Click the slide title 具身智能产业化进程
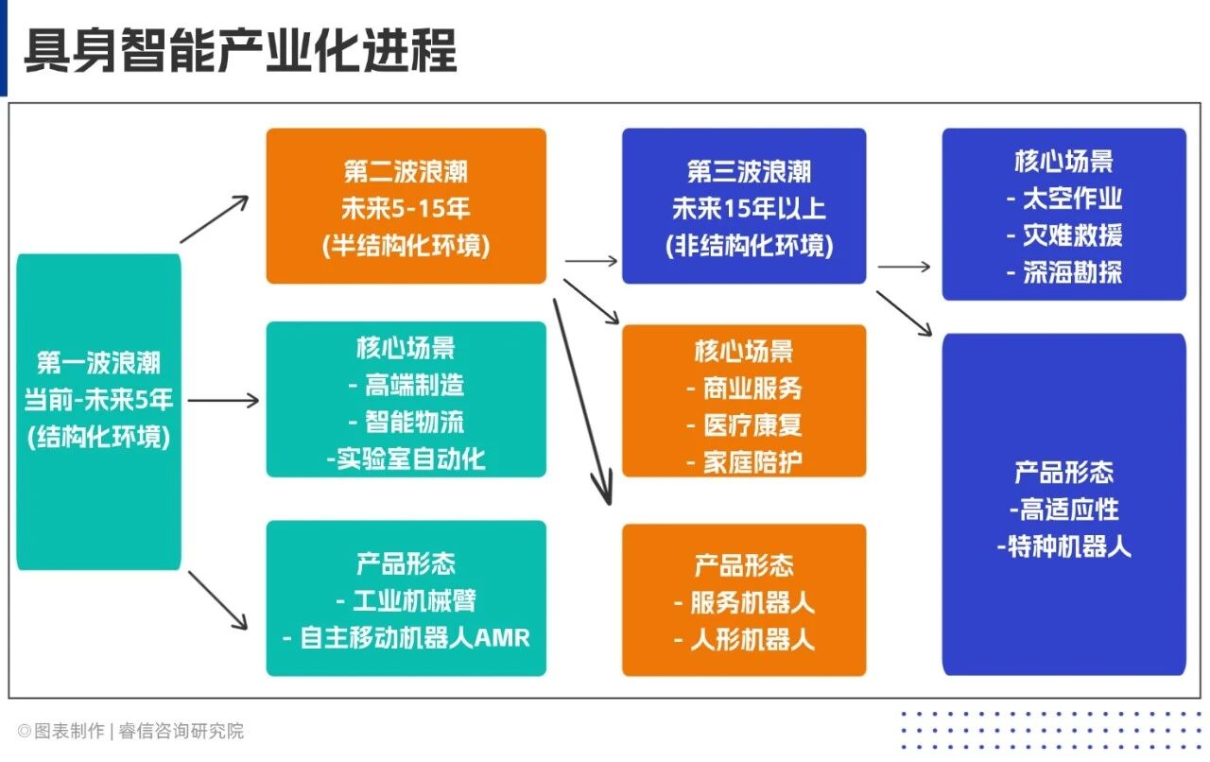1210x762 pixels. click(x=240, y=50)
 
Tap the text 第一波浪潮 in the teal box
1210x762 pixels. click(x=99, y=362)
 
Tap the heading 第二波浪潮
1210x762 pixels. click(x=406, y=171)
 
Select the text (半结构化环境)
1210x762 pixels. click(x=406, y=246)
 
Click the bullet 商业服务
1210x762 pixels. click(x=752, y=388)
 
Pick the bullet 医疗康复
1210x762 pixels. click(x=752, y=424)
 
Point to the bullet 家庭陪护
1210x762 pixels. click(x=752, y=462)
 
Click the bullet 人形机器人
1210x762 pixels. click(x=752, y=640)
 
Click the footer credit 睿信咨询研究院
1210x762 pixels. click(x=181, y=731)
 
